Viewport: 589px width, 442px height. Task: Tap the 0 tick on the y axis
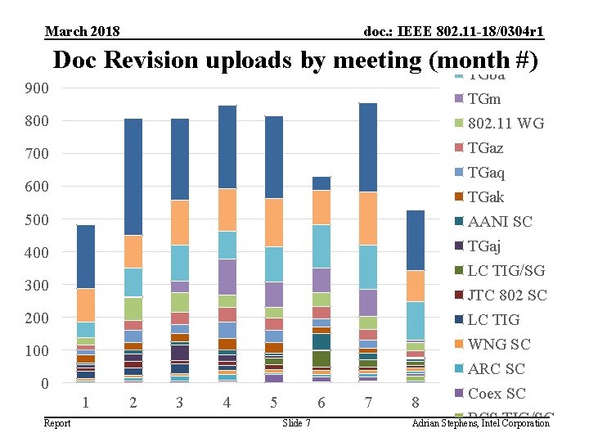coord(45,383)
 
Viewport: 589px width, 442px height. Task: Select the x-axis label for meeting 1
coord(86,402)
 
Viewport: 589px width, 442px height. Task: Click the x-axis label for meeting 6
coord(321,402)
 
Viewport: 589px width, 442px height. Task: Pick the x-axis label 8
coord(416,402)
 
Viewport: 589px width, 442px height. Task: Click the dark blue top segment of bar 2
coord(133,176)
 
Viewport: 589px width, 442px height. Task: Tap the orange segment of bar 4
coord(227,210)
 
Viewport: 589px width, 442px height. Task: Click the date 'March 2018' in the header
coord(83,32)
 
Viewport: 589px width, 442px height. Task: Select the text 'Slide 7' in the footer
coord(295,422)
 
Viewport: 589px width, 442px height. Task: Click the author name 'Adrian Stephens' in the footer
coord(447,422)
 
